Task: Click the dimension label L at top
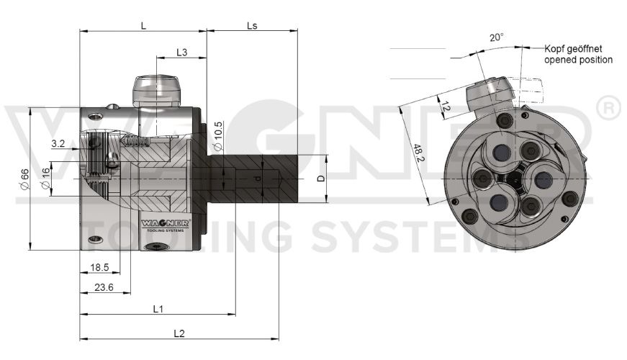click(x=144, y=25)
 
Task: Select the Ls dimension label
click(x=252, y=25)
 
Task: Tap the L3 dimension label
click(x=181, y=53)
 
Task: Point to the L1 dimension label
click(x=158, y=309)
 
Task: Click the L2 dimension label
click(x=179, y=333)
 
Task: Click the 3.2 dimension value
click(x=58, y=144)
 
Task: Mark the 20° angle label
click(x=496, y=37)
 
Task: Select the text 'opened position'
click(x=578, y=60)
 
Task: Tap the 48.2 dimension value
click(x=418, y=153)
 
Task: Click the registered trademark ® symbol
click(x=608, y=108)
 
